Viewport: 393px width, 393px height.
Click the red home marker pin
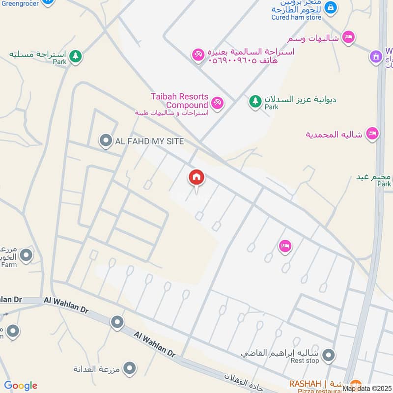pos(196,178)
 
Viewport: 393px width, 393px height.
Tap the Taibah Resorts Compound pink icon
pos(217,103)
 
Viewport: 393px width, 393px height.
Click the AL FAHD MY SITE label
pos(149,141)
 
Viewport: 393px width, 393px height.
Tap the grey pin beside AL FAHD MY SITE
pos(105,141)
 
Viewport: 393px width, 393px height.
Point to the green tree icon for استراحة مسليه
pos(75,56)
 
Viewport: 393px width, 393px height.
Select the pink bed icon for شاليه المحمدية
pos(372,134)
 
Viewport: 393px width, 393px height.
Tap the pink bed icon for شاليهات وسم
pos(348,37)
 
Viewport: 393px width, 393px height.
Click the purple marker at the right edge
pos(376,56)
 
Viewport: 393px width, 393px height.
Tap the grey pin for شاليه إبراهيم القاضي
pos(329,354)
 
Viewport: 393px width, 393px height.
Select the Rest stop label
pos(305,361)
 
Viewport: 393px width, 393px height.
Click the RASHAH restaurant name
pos(305,383)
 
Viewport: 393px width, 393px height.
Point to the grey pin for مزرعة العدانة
pos(130,367)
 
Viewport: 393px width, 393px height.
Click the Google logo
pos(21,386)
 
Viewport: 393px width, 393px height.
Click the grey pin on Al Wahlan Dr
pos(117,322)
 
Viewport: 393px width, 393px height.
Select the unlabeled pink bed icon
pos(285,246)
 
